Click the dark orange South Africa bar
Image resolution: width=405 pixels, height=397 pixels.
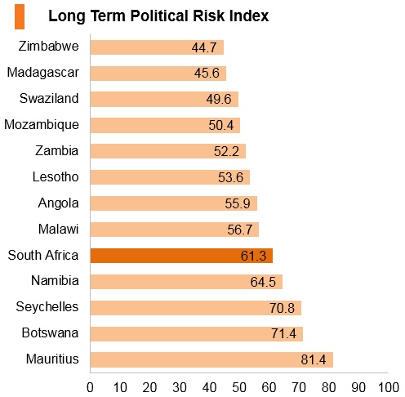point(181,256)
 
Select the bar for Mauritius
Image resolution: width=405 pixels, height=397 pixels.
point(211,360)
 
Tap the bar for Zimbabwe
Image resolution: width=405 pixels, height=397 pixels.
point(157,47)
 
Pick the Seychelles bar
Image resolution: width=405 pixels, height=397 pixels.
point(196,308)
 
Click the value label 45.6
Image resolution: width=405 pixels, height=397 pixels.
point(207,74)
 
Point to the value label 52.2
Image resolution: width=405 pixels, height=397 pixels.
point(226,151)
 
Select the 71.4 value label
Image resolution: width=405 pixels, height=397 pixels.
point(283,334)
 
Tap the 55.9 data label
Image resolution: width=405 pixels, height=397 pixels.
point(238,203)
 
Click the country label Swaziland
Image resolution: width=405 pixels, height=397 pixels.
point(49,98)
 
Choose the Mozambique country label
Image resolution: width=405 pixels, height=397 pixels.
point(42,125)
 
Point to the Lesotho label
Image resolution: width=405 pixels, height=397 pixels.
point(56,176)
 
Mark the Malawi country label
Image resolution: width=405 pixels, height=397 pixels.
point(59,229)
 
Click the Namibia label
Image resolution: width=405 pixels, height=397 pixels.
point(55,281)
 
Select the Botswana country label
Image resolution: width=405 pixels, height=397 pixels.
point(50,332)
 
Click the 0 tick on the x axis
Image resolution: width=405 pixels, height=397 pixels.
point(90,387)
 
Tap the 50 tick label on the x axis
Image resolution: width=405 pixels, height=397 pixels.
point(239,387)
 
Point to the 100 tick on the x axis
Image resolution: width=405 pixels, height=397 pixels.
point(389,387)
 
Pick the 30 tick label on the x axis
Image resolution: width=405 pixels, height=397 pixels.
point(180,387)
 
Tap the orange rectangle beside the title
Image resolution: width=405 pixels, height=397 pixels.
point(20,16)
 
